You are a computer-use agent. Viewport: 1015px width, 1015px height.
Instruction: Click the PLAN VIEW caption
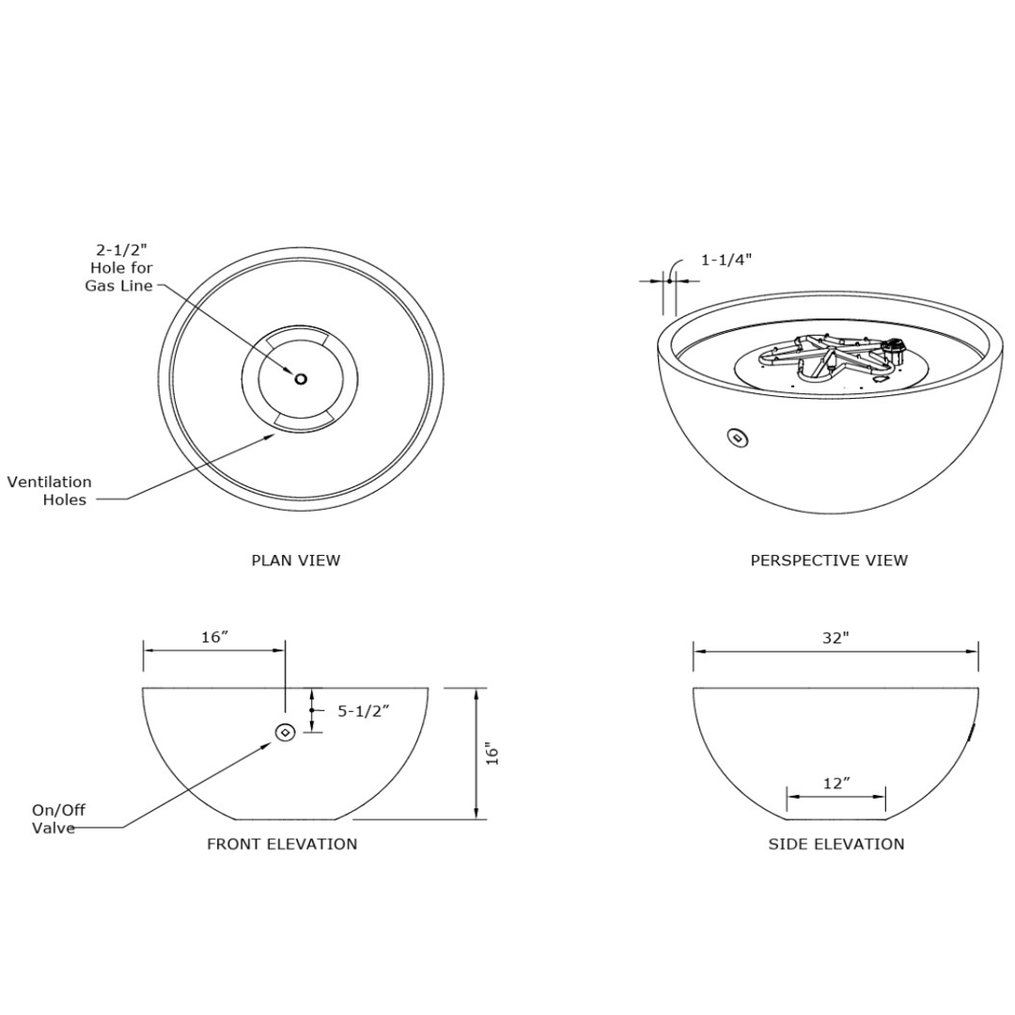click(295, 561)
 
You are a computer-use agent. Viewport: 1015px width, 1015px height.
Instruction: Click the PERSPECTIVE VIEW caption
click(829, 561)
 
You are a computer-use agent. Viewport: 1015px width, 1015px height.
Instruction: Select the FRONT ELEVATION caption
click(282, 844)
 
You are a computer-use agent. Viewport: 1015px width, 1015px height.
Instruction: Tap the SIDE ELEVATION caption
click(836, 844)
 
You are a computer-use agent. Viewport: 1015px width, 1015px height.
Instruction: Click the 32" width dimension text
click(835, 637)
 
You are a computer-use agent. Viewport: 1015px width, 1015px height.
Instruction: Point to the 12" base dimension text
click(835, 783)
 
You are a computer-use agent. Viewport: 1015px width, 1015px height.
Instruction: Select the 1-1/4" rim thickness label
click(726, 259)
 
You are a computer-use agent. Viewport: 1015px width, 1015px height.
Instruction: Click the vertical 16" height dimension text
click(492, 753)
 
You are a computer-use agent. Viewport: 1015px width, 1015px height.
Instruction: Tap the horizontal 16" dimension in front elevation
click(215, 637)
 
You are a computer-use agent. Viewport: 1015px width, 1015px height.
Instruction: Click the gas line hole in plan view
click(301, 379)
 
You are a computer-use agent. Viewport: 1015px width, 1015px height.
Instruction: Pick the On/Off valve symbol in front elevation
click(285, 732)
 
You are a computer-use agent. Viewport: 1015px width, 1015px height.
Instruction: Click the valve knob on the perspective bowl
click(739, 437)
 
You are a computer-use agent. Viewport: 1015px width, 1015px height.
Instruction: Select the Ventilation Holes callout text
click(53, 491)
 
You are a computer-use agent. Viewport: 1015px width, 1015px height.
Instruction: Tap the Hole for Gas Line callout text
click(120, 268)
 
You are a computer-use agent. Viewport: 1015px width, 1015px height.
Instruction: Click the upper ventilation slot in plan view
click(301, 334)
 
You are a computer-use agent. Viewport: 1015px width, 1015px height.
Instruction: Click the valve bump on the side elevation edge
click(973, 732)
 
